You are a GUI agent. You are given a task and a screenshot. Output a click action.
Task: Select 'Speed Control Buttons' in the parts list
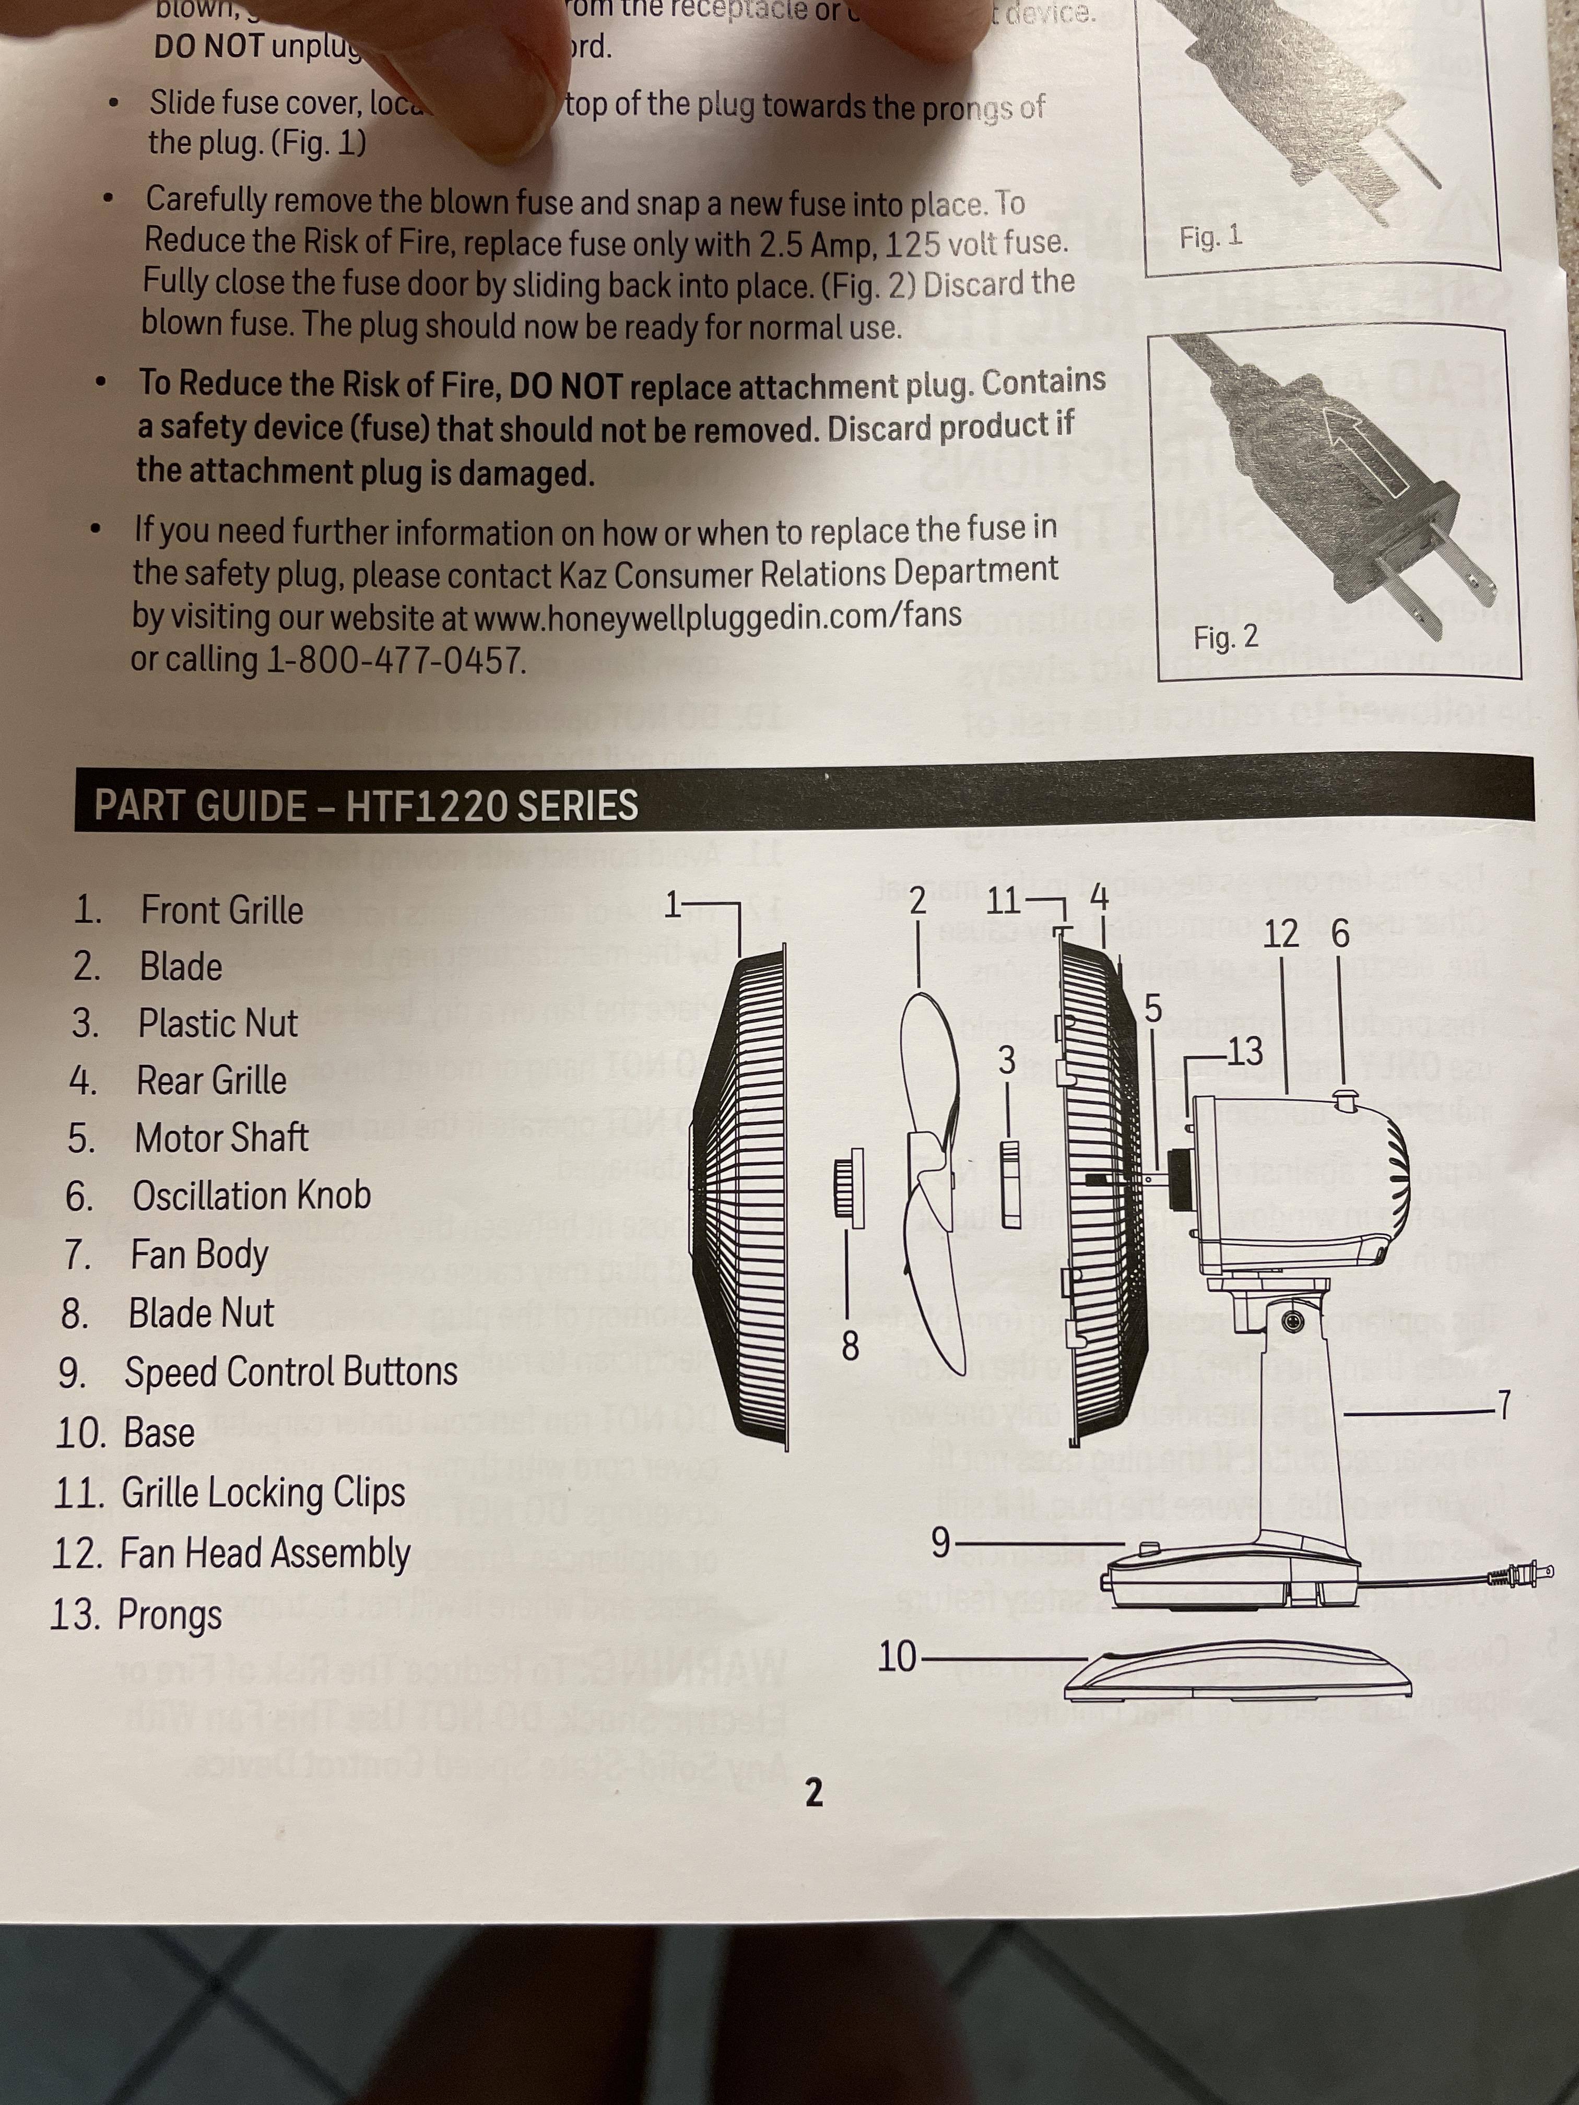tap(290, 1372)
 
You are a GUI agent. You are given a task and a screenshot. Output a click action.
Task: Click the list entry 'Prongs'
tap(169, 1615)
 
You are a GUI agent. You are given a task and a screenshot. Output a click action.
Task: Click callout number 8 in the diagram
tap(850, 1345)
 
